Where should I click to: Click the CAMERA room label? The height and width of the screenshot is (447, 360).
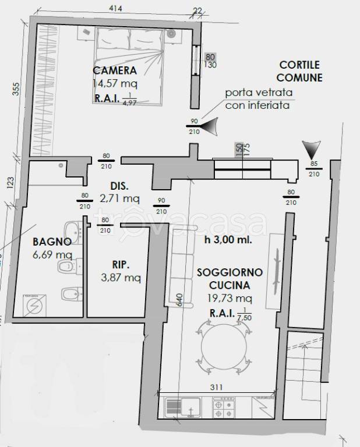coord(115,71)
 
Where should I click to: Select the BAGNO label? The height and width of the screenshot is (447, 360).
coord(52,242)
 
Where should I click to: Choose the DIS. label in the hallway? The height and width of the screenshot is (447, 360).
coord(119,187)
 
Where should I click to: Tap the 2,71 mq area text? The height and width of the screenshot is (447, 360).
coord(119,198)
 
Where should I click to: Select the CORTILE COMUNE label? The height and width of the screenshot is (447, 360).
coord(299,71)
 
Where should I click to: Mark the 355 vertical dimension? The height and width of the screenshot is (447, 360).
coord(16,89)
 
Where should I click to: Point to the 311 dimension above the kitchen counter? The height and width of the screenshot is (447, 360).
coord(217,385)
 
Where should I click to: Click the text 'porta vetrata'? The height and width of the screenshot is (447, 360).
coord(259,93)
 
